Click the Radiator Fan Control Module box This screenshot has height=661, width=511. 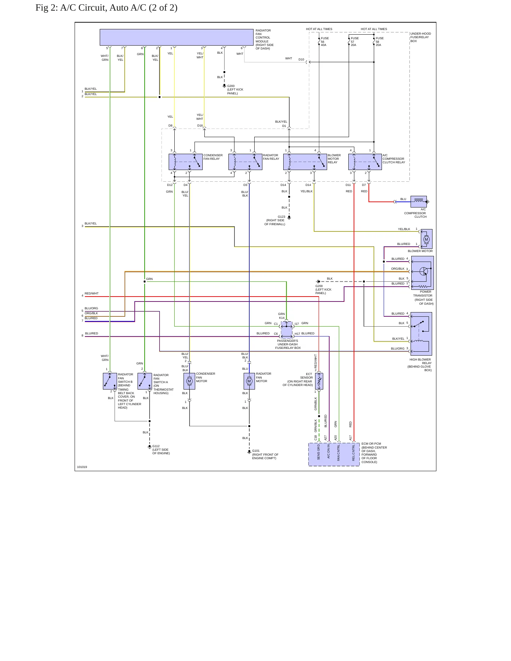176,37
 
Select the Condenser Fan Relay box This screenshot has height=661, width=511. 186,162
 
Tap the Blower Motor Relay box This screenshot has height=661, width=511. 305,162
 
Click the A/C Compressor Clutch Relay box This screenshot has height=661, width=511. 365,162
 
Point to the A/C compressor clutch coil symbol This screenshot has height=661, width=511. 419,201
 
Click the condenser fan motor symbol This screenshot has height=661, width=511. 190,381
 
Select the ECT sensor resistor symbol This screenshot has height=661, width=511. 319,381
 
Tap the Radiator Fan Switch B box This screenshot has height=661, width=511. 110,381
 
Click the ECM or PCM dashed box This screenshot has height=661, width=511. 334,454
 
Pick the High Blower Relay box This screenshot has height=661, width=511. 422,334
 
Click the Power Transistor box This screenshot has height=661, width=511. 422,273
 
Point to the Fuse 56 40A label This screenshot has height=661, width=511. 324,42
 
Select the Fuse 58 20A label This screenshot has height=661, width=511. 379,42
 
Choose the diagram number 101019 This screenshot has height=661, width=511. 82,467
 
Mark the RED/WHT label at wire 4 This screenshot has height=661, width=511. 92,293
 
